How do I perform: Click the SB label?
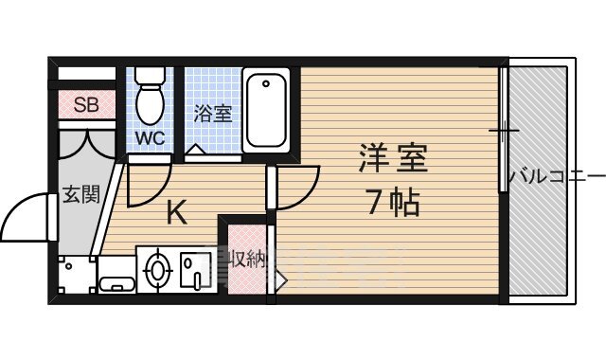(86, 105)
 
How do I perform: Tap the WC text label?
(149, 137)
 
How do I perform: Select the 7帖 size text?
(391, 201)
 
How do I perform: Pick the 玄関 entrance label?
(80, 195)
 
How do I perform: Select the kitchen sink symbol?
(198, 268)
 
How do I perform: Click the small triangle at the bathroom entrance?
(193, 149)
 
